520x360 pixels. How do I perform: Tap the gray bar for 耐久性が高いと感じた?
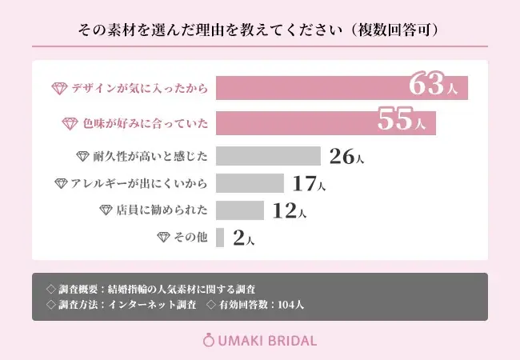click(x=268, y=156)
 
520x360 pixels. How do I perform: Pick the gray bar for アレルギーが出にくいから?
click(x=250, y=183)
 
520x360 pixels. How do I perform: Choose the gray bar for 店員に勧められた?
click(x=240, y=210)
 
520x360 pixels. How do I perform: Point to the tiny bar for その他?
click(x=220, y=238)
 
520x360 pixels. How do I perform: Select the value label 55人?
click(x=405, y=121)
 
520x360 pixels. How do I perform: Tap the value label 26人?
click(x=346, y=157)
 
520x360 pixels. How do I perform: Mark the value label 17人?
click(x=309, y=184)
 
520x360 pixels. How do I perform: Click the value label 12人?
click(x=289, y=211)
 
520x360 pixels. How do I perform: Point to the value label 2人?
click(x=243, y=238)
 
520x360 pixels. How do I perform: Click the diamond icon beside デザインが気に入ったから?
click(x=59, y=89)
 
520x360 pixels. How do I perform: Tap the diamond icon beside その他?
click(x=164, y=238)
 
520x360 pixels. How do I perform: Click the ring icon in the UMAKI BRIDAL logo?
click(x=210, y=340)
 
